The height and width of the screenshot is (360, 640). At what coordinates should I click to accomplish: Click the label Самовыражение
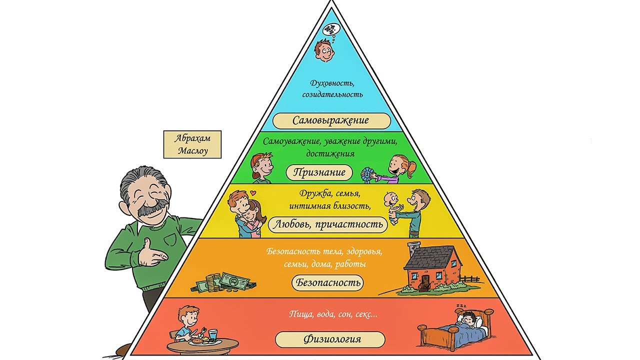pos(331,120)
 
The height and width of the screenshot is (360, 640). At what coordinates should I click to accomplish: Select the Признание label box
pos(319,172)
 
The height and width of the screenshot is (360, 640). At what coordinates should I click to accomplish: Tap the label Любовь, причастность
pos(328,224)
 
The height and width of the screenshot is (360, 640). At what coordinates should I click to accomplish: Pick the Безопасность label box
pos(327,282)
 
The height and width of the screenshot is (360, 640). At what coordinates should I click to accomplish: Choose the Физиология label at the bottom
pos(330,339)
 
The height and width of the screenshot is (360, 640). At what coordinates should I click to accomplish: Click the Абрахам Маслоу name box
pos(192,144)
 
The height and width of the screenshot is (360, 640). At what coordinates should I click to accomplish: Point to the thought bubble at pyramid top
pos(330,29)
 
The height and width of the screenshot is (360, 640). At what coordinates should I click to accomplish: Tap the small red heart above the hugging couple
pos(253,191)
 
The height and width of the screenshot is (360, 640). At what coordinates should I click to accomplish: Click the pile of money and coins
pos(225,282)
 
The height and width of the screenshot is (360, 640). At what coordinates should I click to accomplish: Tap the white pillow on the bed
pos(479,321)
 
